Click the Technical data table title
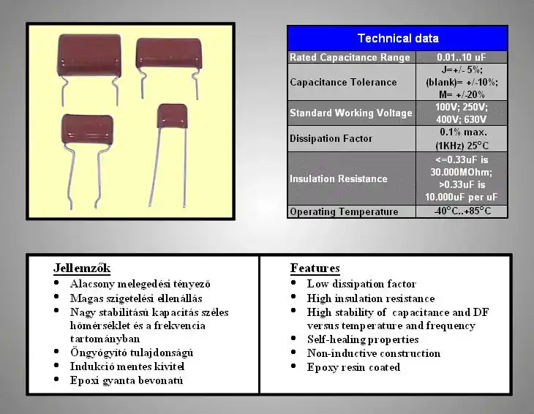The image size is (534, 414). (398, 38)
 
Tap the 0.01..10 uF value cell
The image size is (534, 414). (462, 57)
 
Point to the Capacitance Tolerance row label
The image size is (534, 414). (343, 82)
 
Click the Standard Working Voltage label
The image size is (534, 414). (351, 113)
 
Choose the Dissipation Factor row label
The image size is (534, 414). (331, 138)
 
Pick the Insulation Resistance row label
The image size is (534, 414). (339, 178)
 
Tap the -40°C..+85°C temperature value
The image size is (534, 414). (462, 211)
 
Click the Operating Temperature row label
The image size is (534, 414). (344, 211)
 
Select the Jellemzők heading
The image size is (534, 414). (82, 268)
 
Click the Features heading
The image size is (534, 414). (315, 268)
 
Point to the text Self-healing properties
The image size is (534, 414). (363, 339)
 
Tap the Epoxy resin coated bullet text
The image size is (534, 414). (353, 367)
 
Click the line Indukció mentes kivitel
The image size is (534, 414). (127, 366)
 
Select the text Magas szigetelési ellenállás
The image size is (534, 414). (136, 298)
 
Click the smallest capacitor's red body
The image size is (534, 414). (173, 116)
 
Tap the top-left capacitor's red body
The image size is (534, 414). (89, 54)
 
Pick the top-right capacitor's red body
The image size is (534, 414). (168, 53)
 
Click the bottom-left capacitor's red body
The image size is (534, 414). (87, 129)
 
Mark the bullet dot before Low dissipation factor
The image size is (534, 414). (293, 282)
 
